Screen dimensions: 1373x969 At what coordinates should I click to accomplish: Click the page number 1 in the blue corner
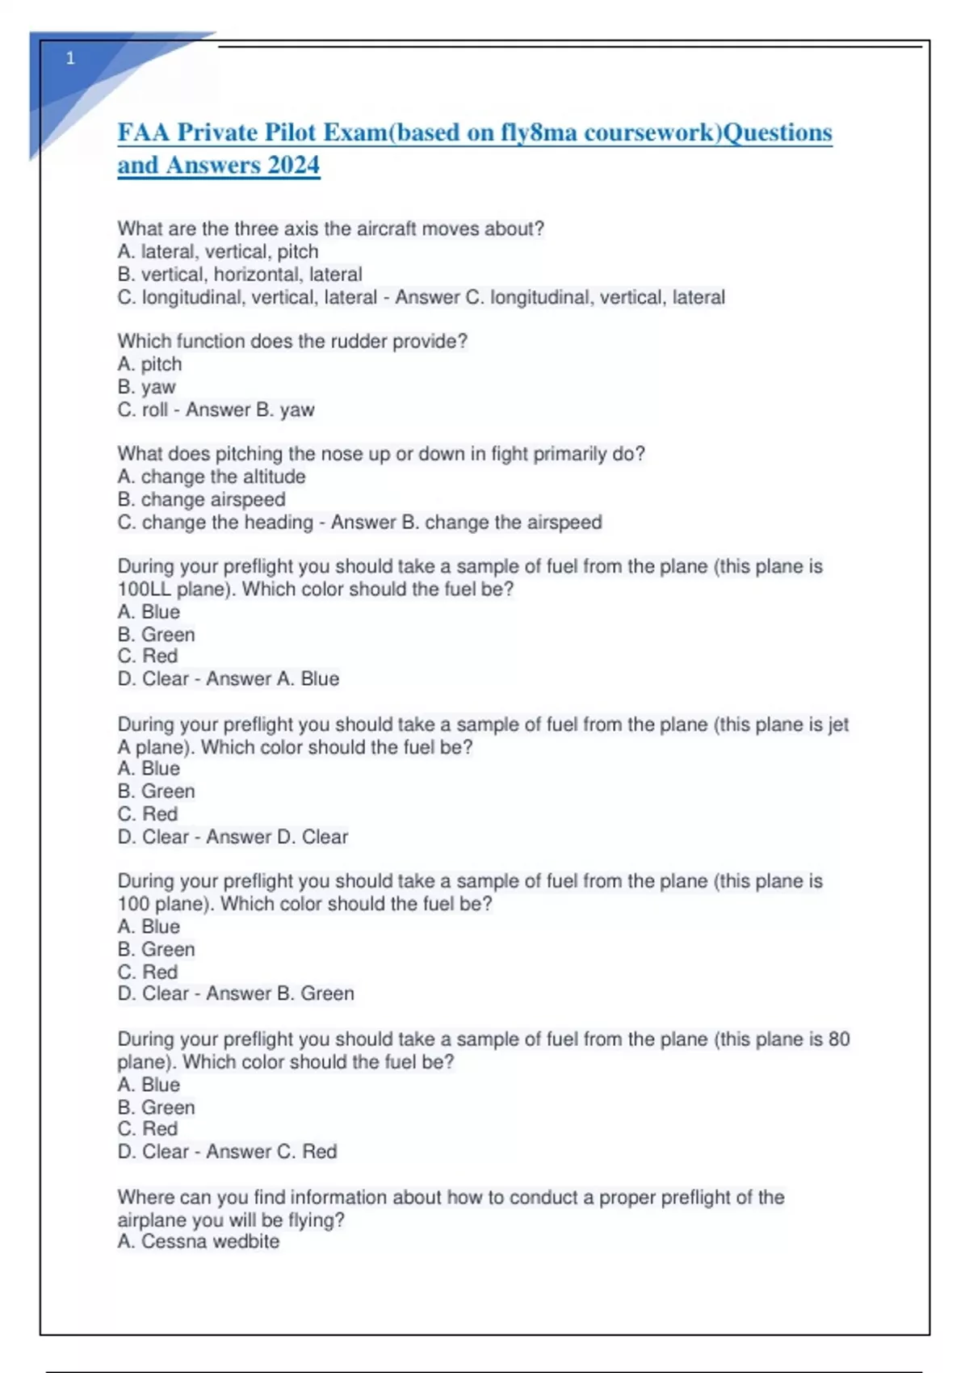click(x=70, y=58)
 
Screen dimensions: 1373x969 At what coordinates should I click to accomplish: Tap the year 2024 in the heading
click(x=293, y=166)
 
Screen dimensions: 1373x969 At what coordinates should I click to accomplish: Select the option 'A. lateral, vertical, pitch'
click(x=218, y=252)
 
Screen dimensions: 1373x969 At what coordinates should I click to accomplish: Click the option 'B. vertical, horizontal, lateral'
click(x=240, y=275)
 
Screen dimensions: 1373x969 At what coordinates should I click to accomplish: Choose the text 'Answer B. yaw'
click(x=250, y=410)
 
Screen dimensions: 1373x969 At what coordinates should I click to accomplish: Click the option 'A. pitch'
click(x=149, y=364)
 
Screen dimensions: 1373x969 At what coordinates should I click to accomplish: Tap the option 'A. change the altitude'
click(x=212, y=477)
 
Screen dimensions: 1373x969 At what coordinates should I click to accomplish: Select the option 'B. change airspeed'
click(x=201, y=499)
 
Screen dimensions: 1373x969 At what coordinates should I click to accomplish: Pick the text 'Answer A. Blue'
click(x=272, y=679)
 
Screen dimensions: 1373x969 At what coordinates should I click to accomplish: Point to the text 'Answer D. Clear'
click(x=277, y=837)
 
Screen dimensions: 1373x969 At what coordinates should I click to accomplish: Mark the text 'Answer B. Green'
click(x=280, y=993)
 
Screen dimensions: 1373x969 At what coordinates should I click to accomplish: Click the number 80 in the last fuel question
click(x=839, y=1039)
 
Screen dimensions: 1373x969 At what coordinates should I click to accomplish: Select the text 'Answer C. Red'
click(x=271, y=1152)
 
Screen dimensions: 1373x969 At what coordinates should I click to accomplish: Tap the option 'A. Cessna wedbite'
click(x=199, y=1241)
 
